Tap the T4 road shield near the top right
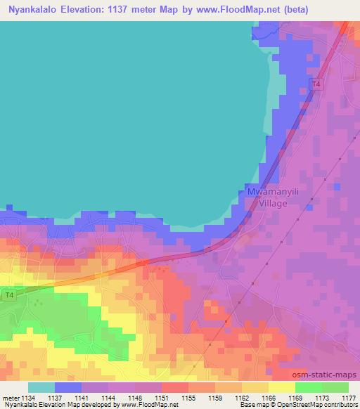point(316,85)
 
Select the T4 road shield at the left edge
point(8,295)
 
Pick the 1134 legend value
point(28,398)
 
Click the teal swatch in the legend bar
point(41,387)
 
